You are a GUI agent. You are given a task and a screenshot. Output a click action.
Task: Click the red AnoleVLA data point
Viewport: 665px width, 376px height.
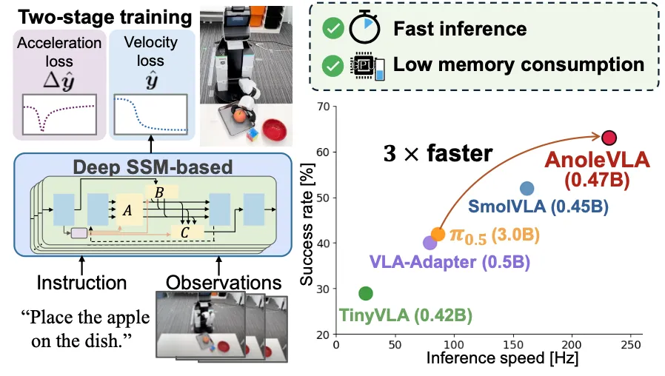pyautogui.click(x=609, y=138)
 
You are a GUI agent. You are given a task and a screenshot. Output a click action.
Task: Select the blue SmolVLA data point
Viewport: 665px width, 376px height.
pyautogui.click(x=527, y=189)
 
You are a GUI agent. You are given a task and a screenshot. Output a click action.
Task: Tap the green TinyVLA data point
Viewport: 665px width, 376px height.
pyautogui.click(x=366, y=293)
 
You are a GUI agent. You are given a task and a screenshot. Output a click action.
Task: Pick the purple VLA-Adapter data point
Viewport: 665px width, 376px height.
pyautogui.click(x=430, y=243)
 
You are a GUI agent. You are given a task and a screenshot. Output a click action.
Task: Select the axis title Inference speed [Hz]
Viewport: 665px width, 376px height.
pyautogui.click(x=502, y=358)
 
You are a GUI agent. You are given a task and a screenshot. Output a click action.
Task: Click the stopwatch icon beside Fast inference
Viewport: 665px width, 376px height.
pyautogui.click(x=365, y=28)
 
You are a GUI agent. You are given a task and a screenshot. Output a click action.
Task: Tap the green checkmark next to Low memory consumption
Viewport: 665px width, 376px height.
pyautogui.click(x=333, y=66)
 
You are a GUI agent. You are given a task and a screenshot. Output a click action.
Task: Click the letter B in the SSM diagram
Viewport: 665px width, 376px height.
pyautogui.click(x=159, y=193)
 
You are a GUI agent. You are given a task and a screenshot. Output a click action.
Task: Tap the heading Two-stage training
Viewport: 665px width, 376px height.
pyautogui.click(x=104, y=17)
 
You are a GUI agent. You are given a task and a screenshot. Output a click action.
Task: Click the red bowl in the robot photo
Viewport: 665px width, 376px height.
pyautogui.click(x=275, y=130)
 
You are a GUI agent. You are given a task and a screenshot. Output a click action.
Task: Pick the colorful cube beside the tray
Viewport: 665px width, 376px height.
pyautogui.click(x=252, y=135)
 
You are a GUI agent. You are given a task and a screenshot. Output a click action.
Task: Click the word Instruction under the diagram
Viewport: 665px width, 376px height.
pyautogui.click(x=81, y=283)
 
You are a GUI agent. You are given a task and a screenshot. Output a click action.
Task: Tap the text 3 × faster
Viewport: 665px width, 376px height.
pyautogui.click(x=438, y=153)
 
